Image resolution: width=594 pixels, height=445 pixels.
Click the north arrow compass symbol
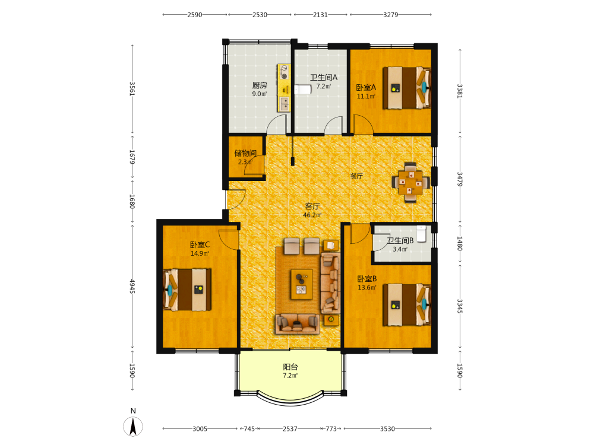point(133,426)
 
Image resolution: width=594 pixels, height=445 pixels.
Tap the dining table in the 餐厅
point(410,183)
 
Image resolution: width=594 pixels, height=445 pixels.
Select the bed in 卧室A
point(407,88)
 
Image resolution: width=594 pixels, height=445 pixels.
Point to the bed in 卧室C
point(187,290)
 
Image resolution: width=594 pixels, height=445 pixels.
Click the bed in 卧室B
point(407,304)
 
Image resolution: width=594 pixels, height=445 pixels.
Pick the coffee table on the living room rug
point(302,284)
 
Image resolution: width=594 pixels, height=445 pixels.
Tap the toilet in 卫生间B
point(421,234)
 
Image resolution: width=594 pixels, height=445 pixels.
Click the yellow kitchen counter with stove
point(284,88)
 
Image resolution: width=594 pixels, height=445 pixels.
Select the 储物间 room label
point(245,153)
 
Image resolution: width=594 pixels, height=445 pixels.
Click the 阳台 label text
point(290,367)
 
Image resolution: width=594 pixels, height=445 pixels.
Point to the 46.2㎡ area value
point(312,215)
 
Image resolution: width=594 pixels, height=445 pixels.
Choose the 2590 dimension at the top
point(195,15)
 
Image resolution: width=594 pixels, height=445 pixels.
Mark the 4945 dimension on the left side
point(132,287)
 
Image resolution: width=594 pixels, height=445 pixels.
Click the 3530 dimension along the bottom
point(387,429)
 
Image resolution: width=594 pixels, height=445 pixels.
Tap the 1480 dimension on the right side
point(460,243)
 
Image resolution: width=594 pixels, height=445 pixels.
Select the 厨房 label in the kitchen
point(260,85)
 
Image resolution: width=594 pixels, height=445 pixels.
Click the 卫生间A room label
point(324,77)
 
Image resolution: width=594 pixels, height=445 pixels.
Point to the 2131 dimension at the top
point(321,15)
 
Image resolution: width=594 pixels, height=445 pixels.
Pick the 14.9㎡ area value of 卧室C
point(200,253)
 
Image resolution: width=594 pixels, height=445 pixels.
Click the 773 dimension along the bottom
point(331,429)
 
